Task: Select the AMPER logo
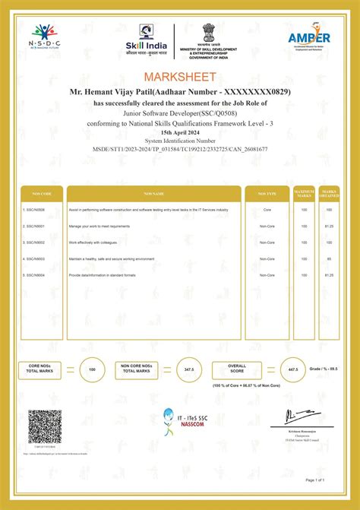308,39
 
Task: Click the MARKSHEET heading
180,77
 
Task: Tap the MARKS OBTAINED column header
329,193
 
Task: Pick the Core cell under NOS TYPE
267,208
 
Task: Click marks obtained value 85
329,259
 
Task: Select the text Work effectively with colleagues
93,242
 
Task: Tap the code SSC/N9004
35,275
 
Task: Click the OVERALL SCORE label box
237,368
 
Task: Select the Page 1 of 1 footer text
315,480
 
